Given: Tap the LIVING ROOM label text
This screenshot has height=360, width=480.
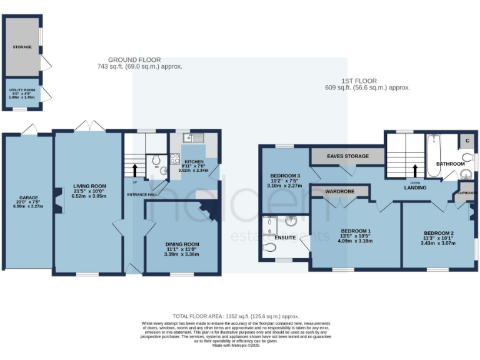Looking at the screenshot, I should [89, 186].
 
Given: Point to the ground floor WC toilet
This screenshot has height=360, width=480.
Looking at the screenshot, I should [156, 160].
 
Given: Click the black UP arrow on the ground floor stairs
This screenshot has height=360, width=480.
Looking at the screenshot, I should [134, 169].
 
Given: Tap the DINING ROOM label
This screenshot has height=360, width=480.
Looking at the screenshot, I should [182, 244].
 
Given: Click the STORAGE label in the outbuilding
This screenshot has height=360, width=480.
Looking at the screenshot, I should [22, 47].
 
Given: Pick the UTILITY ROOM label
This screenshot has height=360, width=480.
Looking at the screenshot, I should [21, 91].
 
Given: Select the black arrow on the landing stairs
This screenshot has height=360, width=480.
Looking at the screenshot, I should [414, 171].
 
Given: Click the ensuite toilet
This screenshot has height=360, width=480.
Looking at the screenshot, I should [270, 248].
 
